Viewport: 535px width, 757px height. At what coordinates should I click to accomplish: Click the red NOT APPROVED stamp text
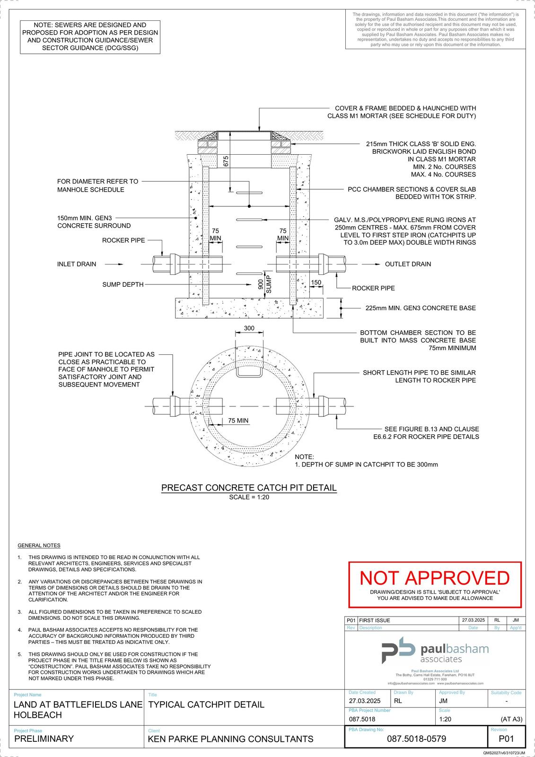pyautogui.click(x=434, y=578)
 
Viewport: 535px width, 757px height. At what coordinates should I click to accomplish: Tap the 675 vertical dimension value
pyautogui.click(x=226, y=161)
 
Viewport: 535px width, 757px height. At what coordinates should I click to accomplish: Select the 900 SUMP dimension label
pyautogui.click(x=264, y=284)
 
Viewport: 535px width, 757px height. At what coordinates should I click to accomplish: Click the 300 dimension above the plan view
pyautogui.click(x=249, y=328)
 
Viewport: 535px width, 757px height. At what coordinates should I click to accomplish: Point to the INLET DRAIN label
pyautogui.click(x=77, y=264)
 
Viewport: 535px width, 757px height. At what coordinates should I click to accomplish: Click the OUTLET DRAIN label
pyautogui.click(x=408, y=264)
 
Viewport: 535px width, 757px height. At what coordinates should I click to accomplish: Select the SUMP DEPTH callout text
pyautogui.click(x=123, y=284)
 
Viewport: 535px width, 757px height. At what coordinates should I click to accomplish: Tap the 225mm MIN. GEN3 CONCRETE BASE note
pyautogui.click(x=421, y=308)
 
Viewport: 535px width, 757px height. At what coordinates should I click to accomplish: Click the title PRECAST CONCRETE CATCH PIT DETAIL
pyautogui.click(x=249, y=488)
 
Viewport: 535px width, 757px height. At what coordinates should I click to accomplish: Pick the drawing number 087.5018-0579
pyautogui.click(x=416, y=739)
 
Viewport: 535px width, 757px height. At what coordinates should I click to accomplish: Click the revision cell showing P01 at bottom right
pyautogui.click(x=506, y=739)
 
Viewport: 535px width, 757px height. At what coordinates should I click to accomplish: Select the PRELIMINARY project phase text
pyautogui.click(x=44, y=739)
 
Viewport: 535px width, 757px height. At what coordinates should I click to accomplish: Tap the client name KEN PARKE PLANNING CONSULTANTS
pyautogui.click(x=230, y=739)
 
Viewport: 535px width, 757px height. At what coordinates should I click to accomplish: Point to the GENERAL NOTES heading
pyautogui.click(x=39, y=546)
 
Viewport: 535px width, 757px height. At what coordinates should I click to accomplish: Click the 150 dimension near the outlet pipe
pyautogui.click(x=316, y=282)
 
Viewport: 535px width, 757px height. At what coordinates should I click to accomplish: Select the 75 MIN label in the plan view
pyautogui.click(x=238, y=421)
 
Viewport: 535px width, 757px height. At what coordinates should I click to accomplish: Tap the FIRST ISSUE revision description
pyautogui.click(x=375, y=620)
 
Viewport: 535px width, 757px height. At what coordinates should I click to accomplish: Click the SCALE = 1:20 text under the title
pyautogui.click(x=249, y=497)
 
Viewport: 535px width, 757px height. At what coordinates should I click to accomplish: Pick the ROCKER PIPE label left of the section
pyautogui.click(x=123, y=240)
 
